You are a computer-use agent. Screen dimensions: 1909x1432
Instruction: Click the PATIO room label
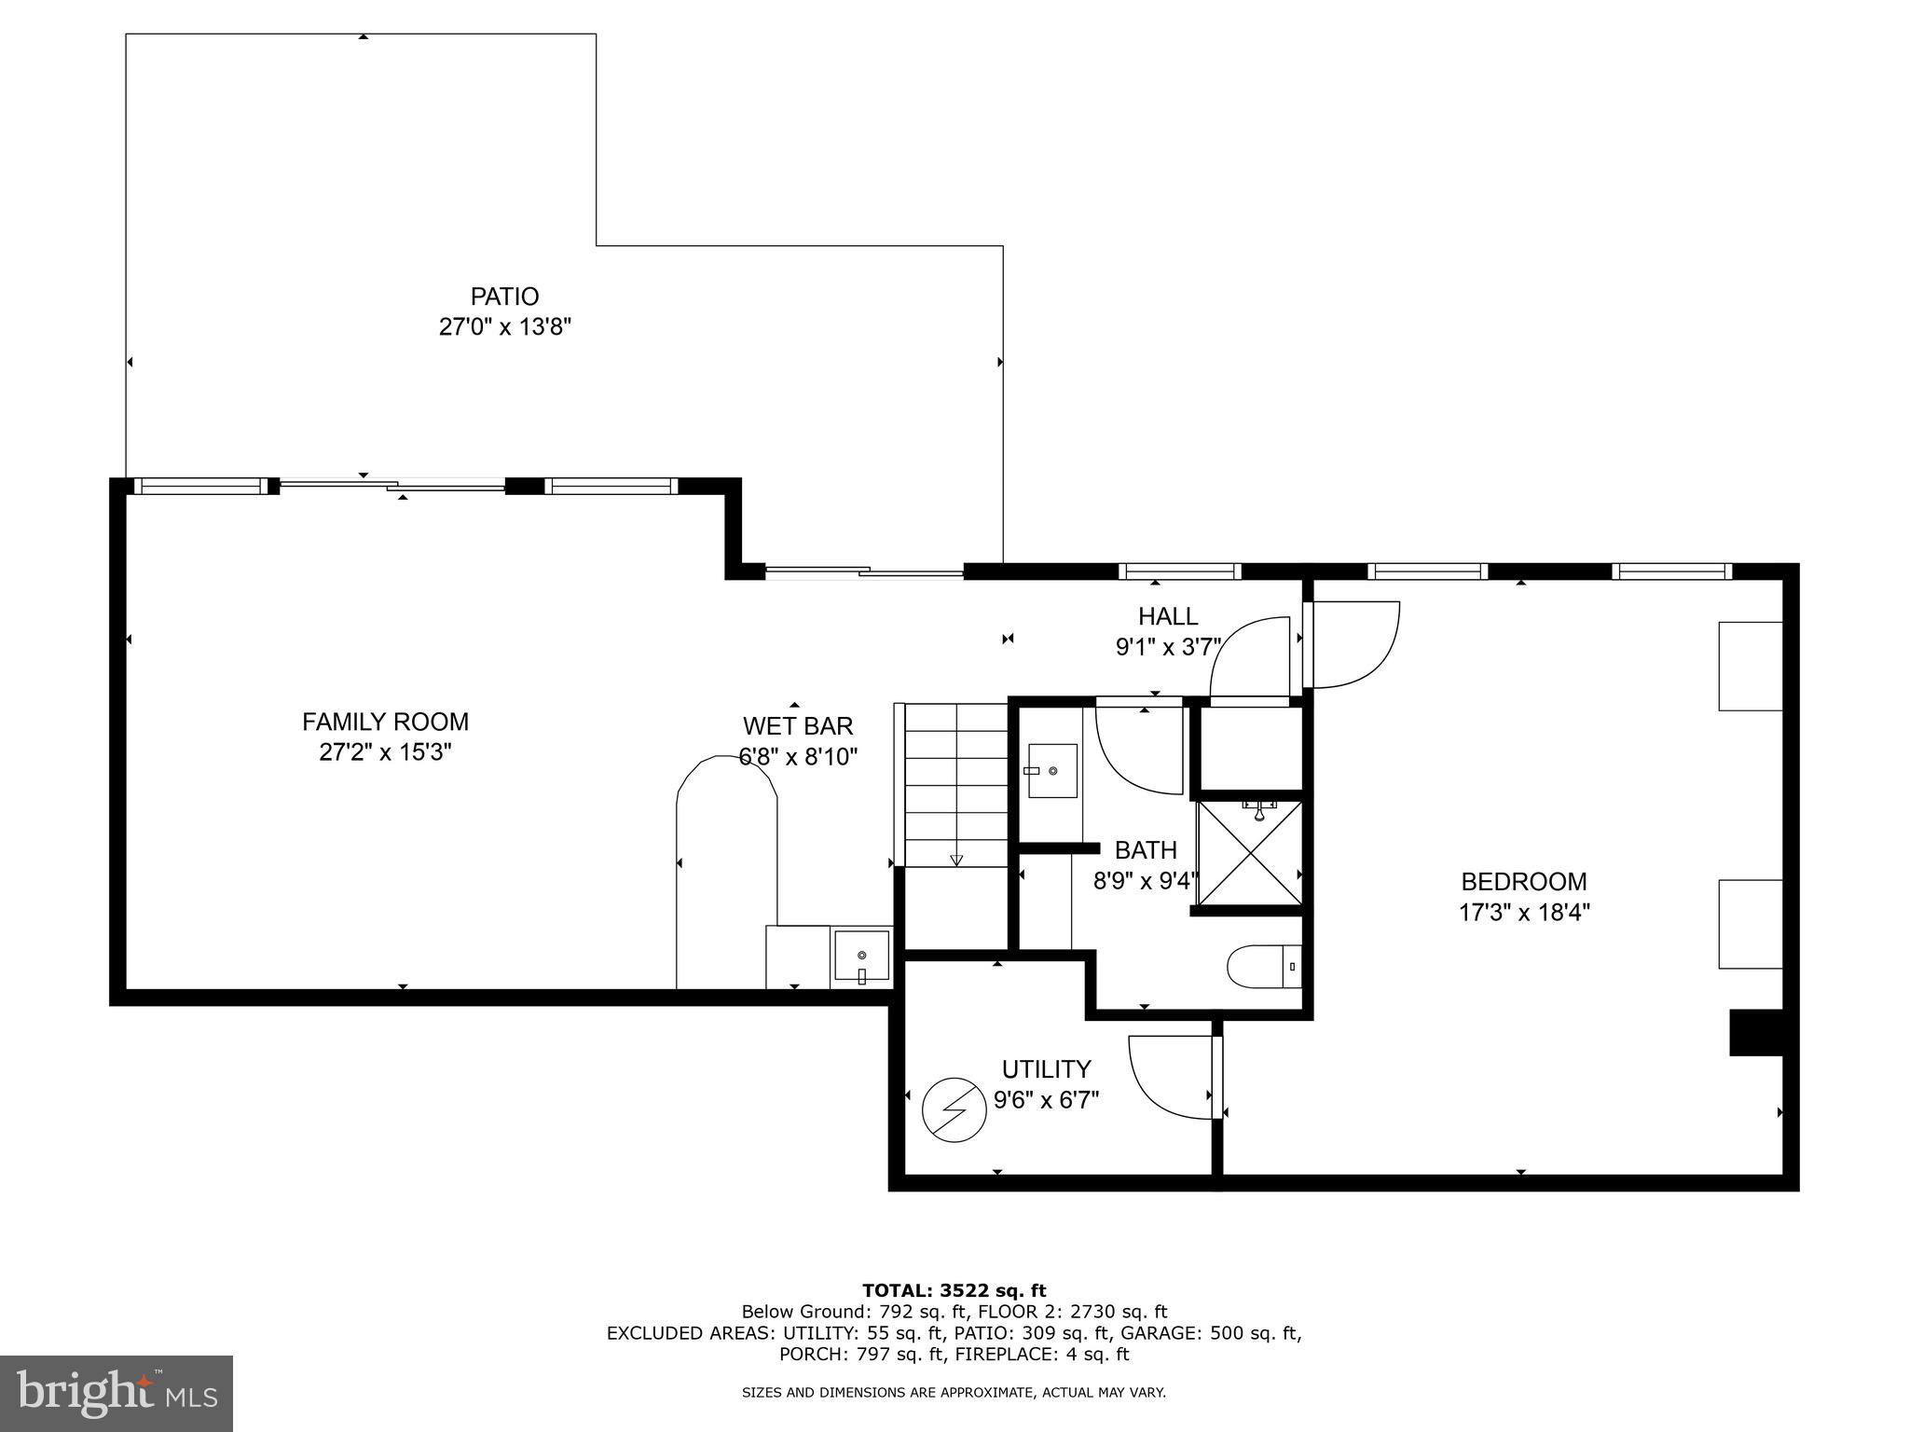pyautogui.click(x=504, y=296)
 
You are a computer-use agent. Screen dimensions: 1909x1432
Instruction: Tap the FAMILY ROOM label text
pyautogui.click(x=385, y=722)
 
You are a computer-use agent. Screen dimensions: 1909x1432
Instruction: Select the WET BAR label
pyautogui.click(x=798, y=725)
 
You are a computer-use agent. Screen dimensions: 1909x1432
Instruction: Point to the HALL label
pyautogui.click(x=1168, y=616)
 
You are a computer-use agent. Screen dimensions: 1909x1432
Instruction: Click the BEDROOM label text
pyautogui.click(x=1524, y=881)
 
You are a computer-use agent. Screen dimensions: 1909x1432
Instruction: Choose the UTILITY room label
pyautogui.click(x=1046, y=1068)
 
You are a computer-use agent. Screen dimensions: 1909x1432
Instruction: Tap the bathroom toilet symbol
pyautogui.click(x=1264, y=967)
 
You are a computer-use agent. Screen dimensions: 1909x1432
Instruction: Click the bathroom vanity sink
pyautogui.click(x=1052, y=771)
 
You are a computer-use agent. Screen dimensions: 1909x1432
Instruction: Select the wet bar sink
pyautogui.click(x=862, y=957)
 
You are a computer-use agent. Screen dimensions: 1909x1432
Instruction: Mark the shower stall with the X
pyautogui.click(x=1249, y=852)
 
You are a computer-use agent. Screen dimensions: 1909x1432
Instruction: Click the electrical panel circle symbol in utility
pyautogui.click(x=954, y=1110)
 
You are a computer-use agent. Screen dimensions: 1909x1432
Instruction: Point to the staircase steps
pyautogui.click(x=956, y=785)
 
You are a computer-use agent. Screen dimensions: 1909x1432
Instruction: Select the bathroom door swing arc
pyautogui.click(x=1139, y=751)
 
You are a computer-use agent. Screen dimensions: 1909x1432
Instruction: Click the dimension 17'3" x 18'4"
pyautogui.click(x=1524, y=912)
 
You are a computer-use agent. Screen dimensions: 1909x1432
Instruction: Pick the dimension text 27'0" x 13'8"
pyautogui.click(x=504, y=327)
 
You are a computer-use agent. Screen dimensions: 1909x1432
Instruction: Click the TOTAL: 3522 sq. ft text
pyautogui.click(x=954, y=1291)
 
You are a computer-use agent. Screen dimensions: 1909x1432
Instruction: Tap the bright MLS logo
pyautogui.click(x=117, y=1394)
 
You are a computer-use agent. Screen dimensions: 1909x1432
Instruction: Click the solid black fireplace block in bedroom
pyautogui.click(x=1756, y=1033)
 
